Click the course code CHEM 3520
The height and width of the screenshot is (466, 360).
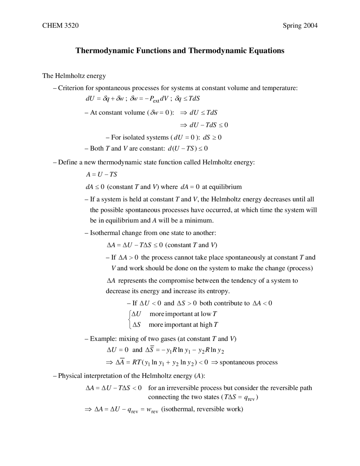pos(60,26)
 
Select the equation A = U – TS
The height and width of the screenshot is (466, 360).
pos(101,174)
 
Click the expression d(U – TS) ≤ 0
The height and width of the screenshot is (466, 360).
pos(188,148)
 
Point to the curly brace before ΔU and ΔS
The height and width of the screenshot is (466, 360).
pos(129,319)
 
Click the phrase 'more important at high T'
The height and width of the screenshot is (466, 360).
pos(183,325)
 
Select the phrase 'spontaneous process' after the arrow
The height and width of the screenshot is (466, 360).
pos(248,362)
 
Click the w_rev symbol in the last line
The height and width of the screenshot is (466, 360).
pos(152,409)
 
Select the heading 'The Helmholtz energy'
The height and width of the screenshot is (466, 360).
pos(74,76)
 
